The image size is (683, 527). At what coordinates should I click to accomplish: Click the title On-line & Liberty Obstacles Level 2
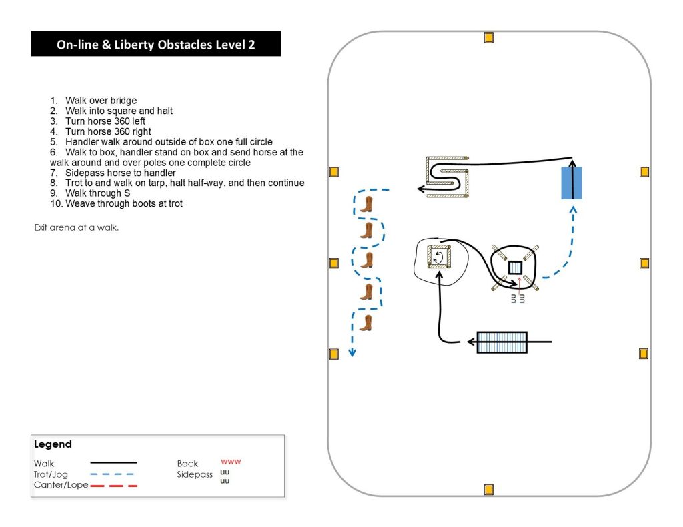pos(155,45)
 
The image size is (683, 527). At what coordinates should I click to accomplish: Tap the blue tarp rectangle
pos(572,183)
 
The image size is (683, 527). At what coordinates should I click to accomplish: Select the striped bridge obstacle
pos(502,342)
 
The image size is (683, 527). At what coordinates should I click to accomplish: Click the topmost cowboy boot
pos(366,204)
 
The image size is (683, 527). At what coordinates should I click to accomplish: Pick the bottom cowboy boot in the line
pos(366,323)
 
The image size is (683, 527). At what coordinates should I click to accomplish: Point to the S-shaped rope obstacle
pos(446,178)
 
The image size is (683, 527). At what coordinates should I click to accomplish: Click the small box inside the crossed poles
pos(515,268)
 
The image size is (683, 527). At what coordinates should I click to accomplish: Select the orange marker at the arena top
pos(488,37)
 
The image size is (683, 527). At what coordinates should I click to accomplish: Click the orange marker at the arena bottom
pos(488,490)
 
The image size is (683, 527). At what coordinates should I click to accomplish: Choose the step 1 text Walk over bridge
pos(101,101)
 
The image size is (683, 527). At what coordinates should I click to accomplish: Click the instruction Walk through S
pos(101,193)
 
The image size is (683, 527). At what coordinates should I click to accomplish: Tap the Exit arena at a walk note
pos(77,227)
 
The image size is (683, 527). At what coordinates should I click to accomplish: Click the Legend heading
pos(53,444)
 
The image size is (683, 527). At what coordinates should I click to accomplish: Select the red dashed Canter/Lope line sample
pos(113,486)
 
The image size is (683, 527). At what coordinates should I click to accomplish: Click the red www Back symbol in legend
pos(231,461)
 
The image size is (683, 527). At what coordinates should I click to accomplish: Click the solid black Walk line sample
pos(113,462)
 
